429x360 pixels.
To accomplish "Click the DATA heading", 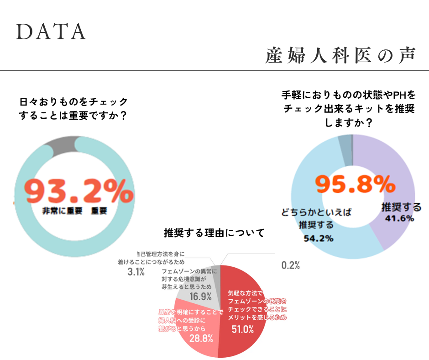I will point(51,32).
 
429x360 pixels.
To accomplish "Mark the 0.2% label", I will point(290,265).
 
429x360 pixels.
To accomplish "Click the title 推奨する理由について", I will point(214,233).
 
